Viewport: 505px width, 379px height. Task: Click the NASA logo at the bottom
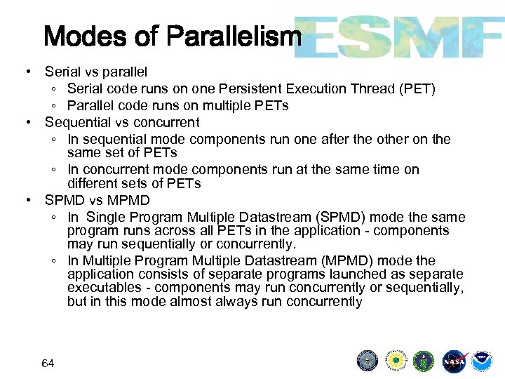454,361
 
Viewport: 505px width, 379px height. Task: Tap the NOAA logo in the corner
481,361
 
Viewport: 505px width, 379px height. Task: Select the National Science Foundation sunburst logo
396,361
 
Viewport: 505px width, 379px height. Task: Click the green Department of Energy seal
424,361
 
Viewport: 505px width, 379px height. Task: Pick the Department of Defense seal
368,361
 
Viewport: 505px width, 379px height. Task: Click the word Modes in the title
83,36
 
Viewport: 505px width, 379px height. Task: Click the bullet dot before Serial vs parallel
26,72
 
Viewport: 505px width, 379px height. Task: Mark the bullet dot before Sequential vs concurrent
26,123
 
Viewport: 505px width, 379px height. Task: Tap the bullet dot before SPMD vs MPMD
26,200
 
